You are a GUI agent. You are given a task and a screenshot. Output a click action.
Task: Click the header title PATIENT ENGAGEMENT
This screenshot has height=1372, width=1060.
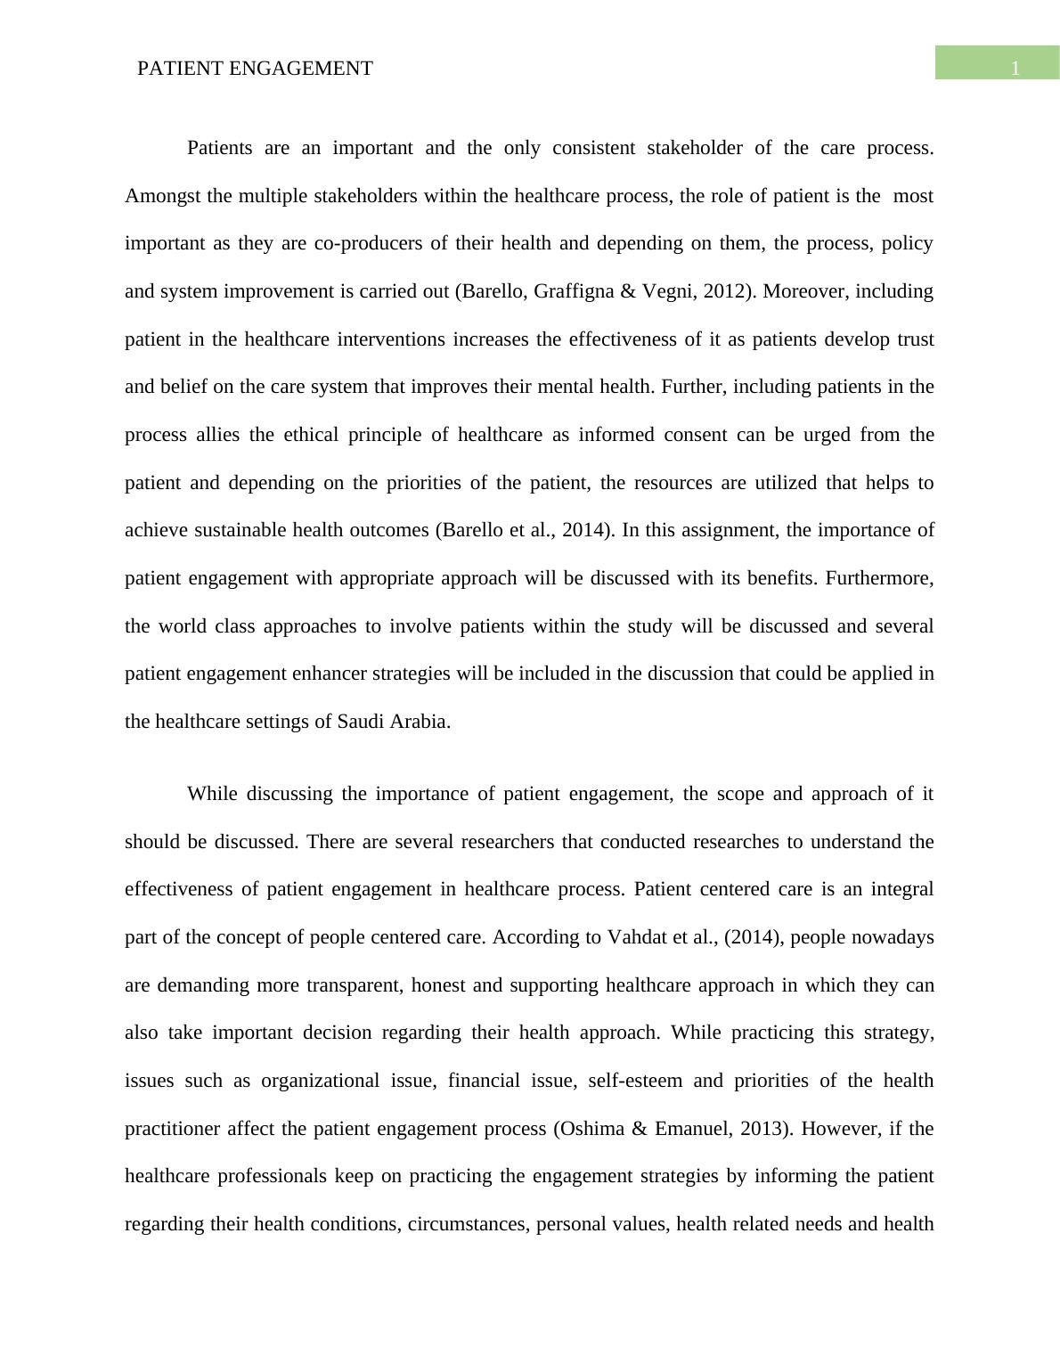[255, 69]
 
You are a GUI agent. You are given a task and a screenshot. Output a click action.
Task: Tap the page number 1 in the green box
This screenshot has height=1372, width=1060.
[1015, 69]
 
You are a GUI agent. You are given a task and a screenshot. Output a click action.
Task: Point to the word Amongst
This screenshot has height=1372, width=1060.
[163, 196]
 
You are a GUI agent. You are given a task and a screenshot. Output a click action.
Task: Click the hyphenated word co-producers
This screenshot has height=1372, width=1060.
[369, 243]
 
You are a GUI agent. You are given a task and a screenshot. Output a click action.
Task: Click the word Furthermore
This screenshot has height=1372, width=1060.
[879, 578]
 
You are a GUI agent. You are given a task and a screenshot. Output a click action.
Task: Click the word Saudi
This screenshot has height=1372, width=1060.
[361, 722]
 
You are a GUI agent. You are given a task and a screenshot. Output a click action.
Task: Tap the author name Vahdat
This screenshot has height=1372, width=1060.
[636, 937]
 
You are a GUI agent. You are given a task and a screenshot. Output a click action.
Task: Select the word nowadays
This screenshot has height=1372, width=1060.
[892, 937]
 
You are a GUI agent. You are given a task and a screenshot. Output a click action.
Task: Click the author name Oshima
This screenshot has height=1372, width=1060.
[591, 1129]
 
